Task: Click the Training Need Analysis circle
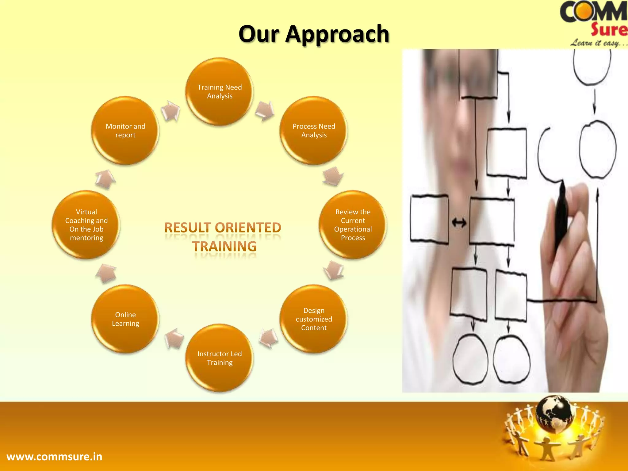220,91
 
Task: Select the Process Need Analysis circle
314,131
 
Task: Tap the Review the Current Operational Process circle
353,225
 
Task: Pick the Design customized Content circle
314,319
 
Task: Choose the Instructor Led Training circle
220,358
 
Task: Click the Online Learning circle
125,319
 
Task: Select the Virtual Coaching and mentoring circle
86,225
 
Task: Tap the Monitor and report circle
125,131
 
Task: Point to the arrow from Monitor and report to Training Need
171,111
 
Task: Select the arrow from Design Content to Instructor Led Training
269,339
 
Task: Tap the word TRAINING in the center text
224,247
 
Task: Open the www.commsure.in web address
54,457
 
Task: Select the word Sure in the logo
609,30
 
